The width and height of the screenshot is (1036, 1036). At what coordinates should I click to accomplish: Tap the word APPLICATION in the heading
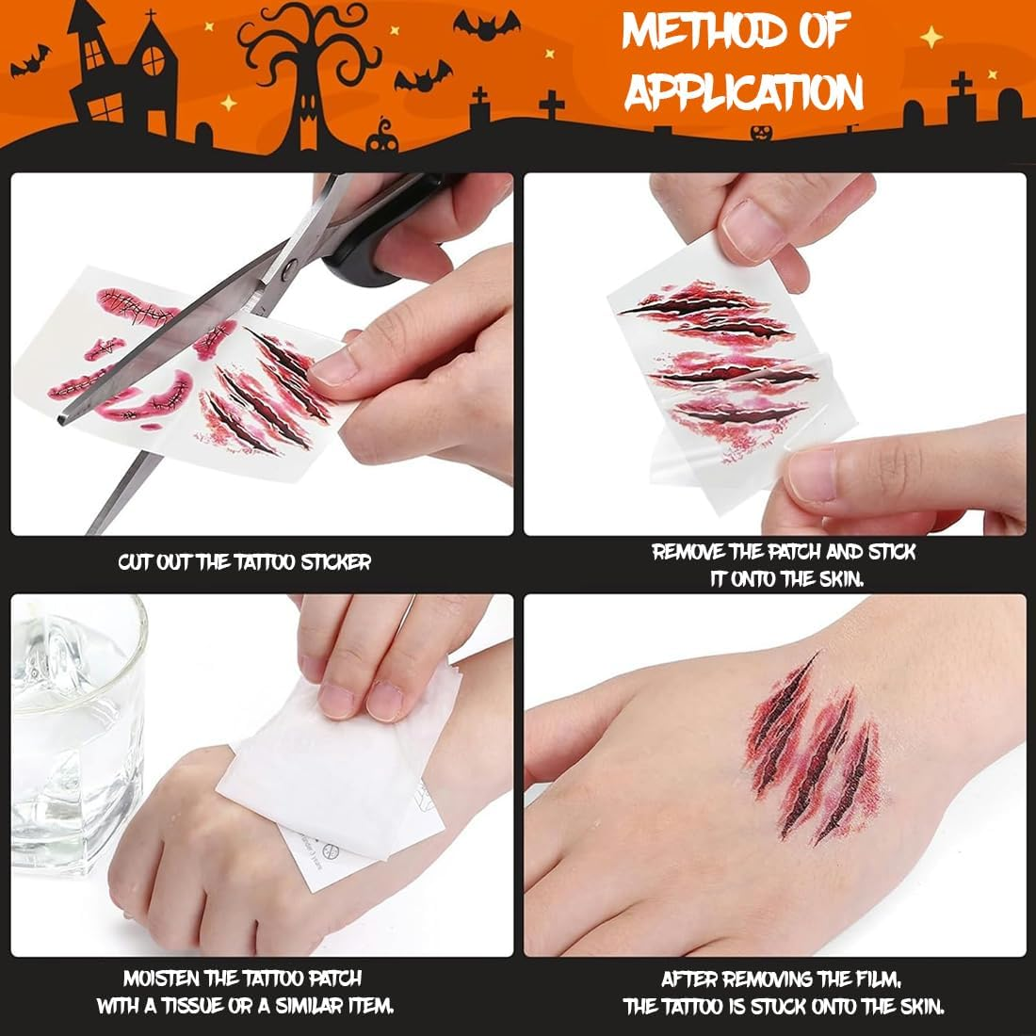coord(744,91)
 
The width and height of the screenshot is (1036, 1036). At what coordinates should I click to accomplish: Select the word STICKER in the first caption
coord(336,562)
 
